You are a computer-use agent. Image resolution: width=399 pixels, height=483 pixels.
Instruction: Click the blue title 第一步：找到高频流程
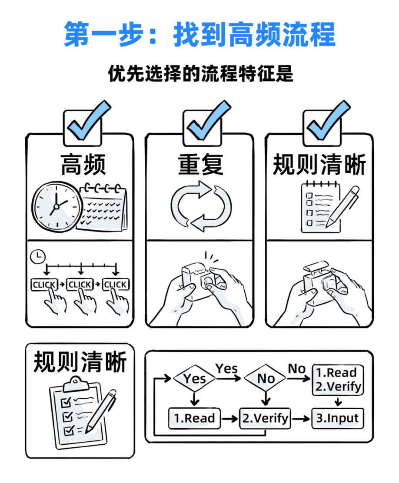pos(199,34)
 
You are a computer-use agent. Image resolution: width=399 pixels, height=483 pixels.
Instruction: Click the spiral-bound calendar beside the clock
pos(103,207)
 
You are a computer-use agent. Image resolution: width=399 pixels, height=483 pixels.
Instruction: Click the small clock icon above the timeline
pos(37,256)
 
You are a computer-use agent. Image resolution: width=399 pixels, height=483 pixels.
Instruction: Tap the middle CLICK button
pos(80,285)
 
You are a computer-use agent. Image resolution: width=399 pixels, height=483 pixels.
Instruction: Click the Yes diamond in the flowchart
pos(194,378)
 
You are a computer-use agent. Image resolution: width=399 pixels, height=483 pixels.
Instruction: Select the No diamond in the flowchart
pos(265,378)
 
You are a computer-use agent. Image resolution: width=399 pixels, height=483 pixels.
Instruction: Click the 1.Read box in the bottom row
pos(194,418)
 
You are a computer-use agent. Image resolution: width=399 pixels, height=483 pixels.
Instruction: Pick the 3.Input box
pos(337,418)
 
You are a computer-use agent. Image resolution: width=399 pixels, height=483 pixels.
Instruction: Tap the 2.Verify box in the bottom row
pos(265,418)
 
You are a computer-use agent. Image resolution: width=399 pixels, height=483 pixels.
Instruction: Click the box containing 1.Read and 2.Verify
pos(337,379)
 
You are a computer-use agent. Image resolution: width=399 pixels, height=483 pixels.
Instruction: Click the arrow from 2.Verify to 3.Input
pos(301,419)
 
